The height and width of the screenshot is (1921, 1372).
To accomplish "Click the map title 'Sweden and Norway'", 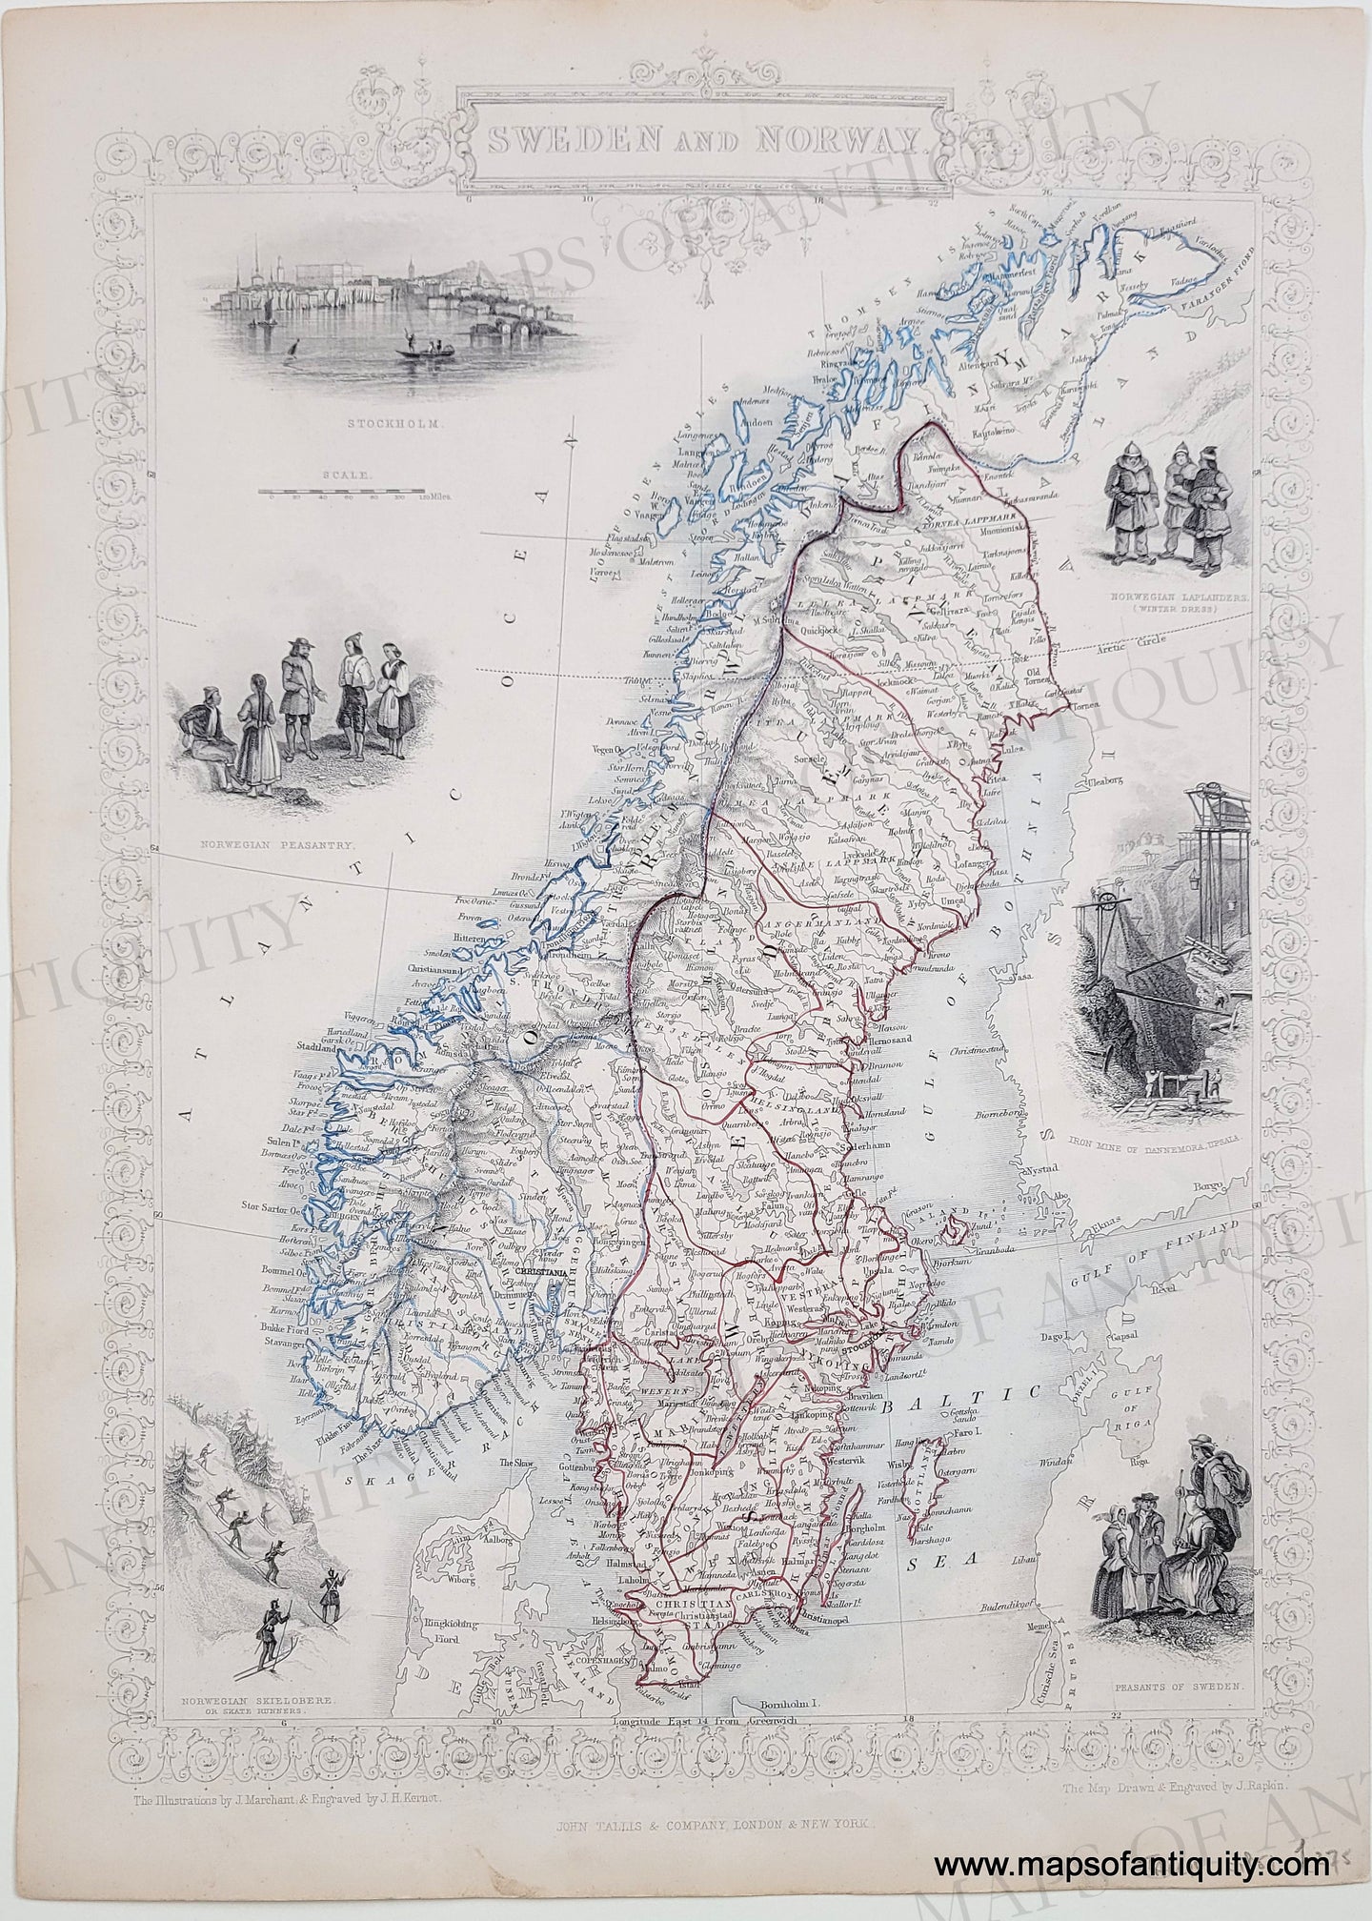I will click(704, 142).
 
